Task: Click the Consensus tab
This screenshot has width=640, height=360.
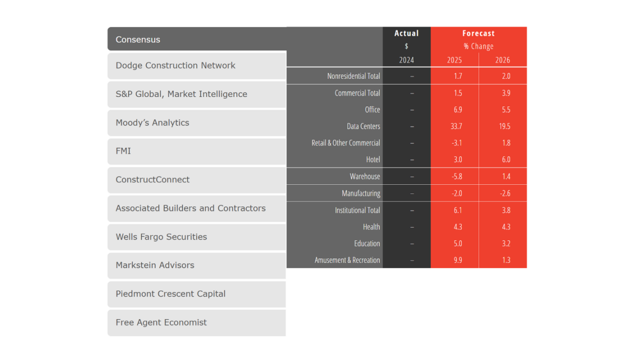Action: coord(196,39)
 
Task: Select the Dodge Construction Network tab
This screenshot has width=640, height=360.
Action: coord(196,65)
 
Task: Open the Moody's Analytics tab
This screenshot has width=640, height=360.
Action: coord(196,123)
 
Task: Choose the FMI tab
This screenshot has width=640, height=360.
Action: coord(196,151)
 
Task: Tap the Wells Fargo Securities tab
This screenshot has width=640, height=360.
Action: coord(196,237)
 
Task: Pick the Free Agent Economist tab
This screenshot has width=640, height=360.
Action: coord(196,323)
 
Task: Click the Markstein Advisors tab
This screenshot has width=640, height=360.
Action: coord(196,265)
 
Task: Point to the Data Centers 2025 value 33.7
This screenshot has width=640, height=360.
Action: coord(456,126)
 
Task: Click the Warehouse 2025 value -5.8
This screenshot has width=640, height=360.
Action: coord(456,176)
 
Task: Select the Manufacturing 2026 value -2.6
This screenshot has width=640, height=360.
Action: coord(505,194)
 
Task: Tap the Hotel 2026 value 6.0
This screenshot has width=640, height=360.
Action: coord(506,160)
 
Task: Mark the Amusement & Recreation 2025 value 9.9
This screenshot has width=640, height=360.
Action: coord(457,260)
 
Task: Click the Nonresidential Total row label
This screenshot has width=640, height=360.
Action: coord(353,76)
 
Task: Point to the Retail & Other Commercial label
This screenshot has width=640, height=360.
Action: coord(346,143)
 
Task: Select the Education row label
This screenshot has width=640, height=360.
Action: coord(367,243)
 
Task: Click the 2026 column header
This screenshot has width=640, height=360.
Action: coord(503,60)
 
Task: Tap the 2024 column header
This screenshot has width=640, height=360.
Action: coord(407,60)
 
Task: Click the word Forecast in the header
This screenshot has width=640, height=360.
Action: coord(479,33)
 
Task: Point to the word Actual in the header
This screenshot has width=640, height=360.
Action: coord(407,33)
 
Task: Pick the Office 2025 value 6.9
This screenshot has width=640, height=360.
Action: coord(457,109)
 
